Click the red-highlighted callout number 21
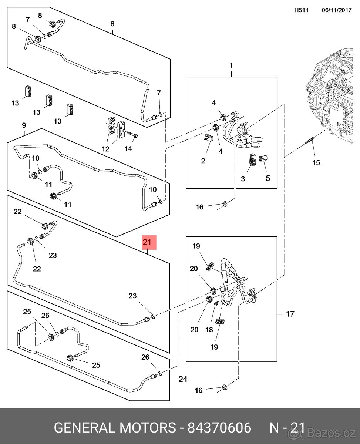point(148,243)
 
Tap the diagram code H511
point(301,10)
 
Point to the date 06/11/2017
point(336,10)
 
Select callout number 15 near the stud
point(316,162)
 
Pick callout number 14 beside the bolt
point(128,149)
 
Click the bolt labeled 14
point(132,134)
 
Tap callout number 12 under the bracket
point(106,149)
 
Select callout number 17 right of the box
point(290,314)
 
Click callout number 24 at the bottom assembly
point(183,379)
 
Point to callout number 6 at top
point(112,24)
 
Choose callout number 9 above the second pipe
point(24,125)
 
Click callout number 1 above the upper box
point(231,65)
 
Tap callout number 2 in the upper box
point(203,161)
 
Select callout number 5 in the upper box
point(268,178)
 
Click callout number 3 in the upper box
point(243,179)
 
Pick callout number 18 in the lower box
point(209,329)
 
